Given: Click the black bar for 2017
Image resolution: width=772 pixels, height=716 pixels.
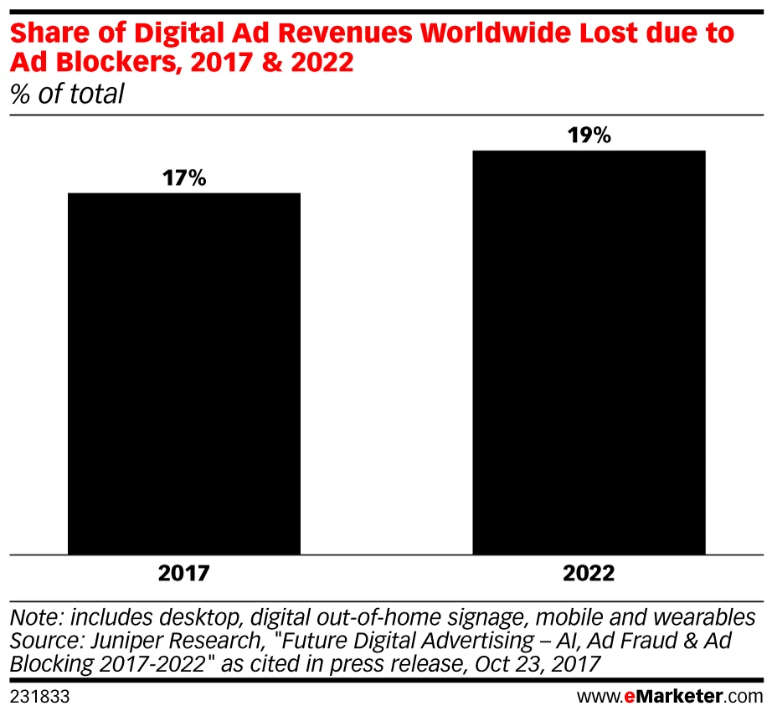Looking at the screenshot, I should [183, 373].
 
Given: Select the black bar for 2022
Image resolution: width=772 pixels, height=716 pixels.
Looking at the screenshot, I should [589, 352].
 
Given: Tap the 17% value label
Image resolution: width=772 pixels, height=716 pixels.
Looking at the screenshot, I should [183, 178].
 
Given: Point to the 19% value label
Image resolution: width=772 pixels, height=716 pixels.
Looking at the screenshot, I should [589, 136].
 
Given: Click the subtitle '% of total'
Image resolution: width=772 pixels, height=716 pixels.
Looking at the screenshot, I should [67, 95].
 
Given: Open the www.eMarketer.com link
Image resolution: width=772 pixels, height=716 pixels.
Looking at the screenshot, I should [670, 695].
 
